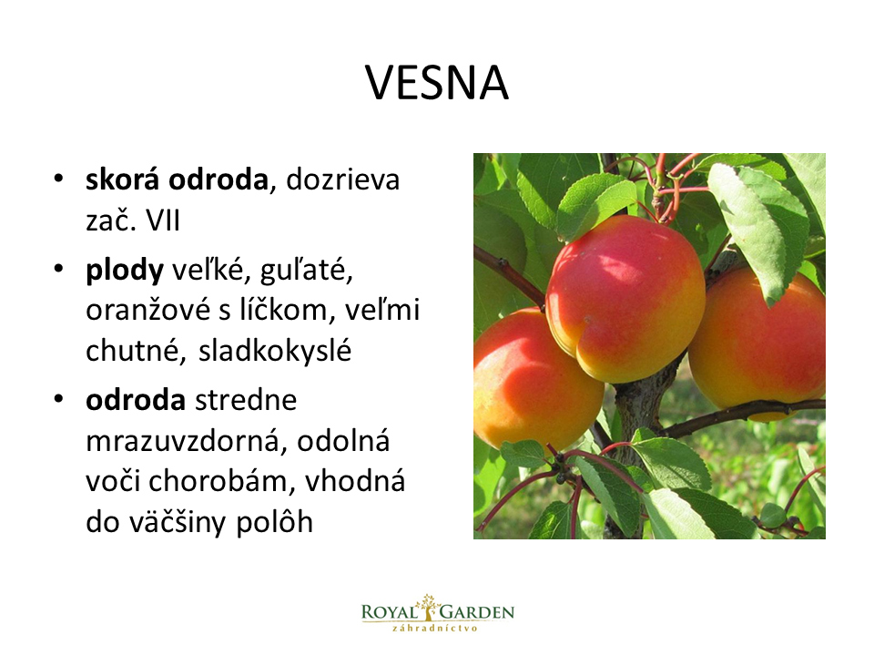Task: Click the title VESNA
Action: click(437, 83)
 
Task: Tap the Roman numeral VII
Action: click(163, 220)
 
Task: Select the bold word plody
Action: click(125, 272)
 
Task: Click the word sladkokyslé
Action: click(275, 351)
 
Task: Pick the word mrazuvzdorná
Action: click(186, 442)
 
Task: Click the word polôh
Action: click(274, 522)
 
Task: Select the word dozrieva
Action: click(343, 179)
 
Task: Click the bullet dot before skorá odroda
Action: click(58, 179)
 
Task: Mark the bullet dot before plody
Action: click(58, 269)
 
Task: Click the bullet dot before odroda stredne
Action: click(58, 399)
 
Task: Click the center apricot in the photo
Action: click(625, 299)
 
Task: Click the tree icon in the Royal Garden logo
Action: click(428, 608)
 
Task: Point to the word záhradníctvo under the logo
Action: click(435, 628)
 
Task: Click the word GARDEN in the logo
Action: click(477, 612)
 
